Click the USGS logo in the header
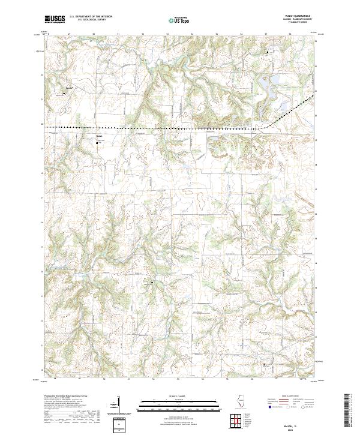click(x=55, y=20)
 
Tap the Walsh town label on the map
click(x=100, y=135)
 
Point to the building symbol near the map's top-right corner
click(x=267, y=53)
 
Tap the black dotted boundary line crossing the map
click(x=150, y=128)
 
